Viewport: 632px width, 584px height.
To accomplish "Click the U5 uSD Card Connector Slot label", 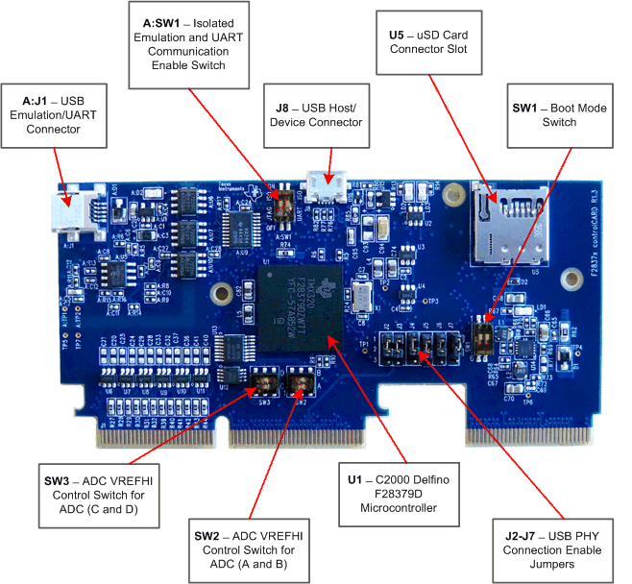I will coord(429,44).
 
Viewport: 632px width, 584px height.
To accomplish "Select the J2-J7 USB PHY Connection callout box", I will coord(552,543).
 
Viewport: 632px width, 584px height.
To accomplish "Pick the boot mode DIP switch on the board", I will coord(486,332).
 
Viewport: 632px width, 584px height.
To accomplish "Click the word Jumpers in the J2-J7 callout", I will coord(552,565).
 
